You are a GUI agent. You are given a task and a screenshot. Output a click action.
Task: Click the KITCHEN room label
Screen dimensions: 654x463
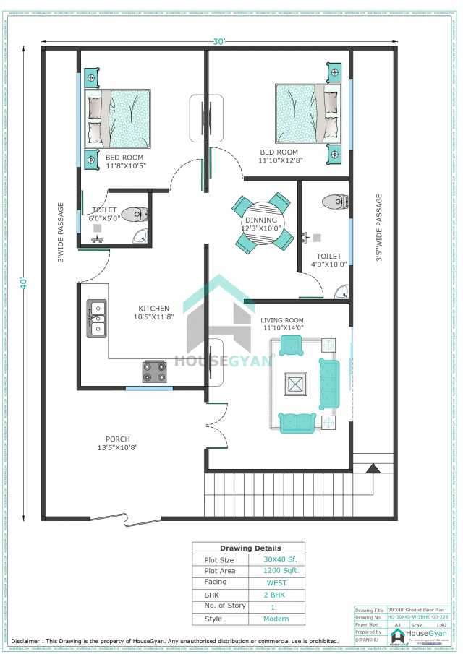[x=154, y=309]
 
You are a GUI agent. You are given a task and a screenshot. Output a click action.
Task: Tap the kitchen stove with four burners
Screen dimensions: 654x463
[x=154, y=371]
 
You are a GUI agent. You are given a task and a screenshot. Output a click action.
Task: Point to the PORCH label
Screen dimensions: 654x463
[x=118, y=439]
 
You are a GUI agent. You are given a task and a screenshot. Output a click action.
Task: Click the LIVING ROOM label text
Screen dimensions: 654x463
[x=282, y=320]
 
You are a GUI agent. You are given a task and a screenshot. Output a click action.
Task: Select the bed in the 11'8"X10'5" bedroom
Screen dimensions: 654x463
[x=119, y=119]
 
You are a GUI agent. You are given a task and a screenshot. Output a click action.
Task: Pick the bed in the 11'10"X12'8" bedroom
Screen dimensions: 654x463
[x=307, y=113]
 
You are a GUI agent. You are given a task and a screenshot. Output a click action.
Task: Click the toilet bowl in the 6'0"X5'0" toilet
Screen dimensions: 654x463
[x=135, y=215]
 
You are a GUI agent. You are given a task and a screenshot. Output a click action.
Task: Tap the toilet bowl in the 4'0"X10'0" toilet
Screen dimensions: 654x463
[x=334, y=201]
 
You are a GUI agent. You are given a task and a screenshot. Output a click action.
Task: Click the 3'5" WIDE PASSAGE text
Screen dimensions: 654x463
[x=378, y=227]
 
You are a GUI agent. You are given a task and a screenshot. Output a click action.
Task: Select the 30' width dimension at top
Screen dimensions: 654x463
[x=219, y=41]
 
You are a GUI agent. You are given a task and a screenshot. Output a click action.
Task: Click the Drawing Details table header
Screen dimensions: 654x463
[x=250, y=548]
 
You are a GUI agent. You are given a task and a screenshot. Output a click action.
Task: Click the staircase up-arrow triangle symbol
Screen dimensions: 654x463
[x=373, y=469]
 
